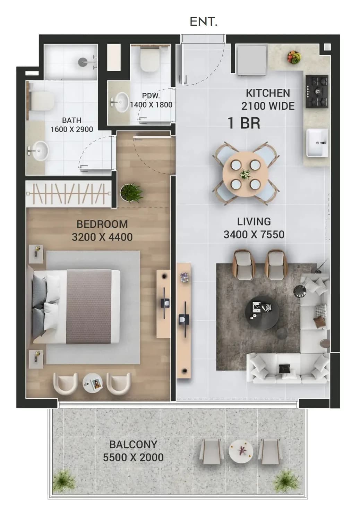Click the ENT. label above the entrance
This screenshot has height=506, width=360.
pyautogui.click(x=204, y=22)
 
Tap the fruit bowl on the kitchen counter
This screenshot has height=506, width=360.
pyautogui.click(x=294, y=57)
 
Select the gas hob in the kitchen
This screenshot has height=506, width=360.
pyautogui.click(x=317, y=92)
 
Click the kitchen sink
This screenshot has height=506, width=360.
pyautogui.click(x=317, y=143)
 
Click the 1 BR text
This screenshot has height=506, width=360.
pyautogui.click(x=244, y=123)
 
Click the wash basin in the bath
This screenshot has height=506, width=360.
pyautogui.click(x=38, y=151)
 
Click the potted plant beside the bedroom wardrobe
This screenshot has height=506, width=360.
pyautogui.click(x=131, y=192)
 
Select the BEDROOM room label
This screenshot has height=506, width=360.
pyautogui.click(x=102, y=224)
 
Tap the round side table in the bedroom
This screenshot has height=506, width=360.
pyautogui.click(x=93, y=383)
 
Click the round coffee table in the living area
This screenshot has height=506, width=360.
pyautogui.click(x=262, y=313)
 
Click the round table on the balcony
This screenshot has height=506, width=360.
pyautogui.click(x=241, y=451)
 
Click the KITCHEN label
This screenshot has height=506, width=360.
pyautogui.click(x=268, y=93)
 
